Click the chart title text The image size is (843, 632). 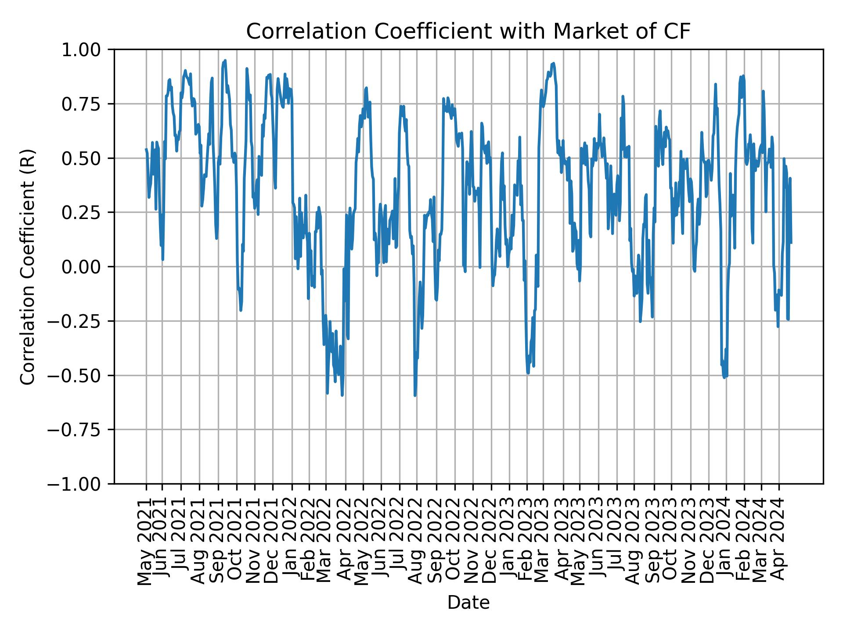468,32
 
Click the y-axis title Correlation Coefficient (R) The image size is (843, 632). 28,266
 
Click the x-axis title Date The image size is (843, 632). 468,603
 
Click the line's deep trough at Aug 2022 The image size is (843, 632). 415,395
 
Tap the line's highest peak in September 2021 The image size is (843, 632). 225,61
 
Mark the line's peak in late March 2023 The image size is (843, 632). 553,63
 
